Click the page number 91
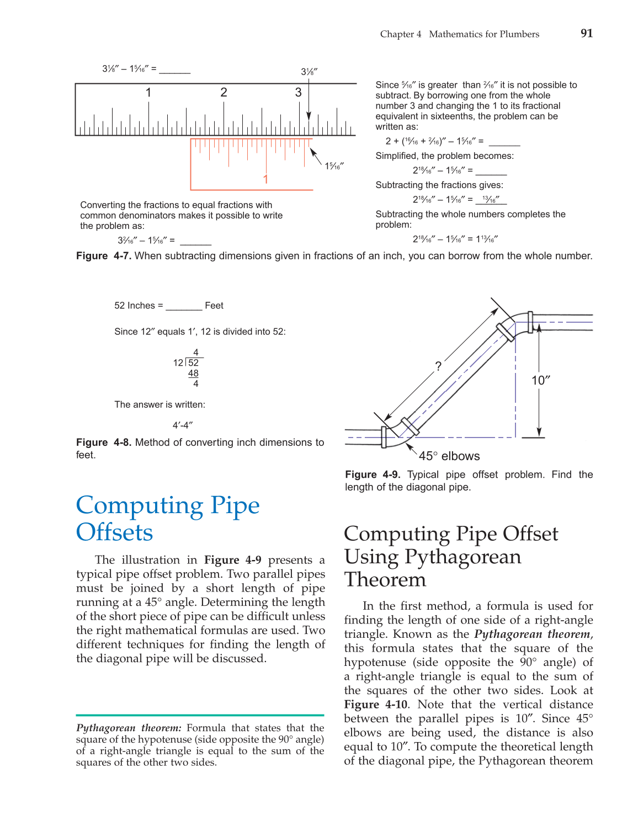(587, 33)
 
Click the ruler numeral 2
(224, 92)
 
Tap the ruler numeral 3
(298, 92)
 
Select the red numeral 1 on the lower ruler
(265, 179)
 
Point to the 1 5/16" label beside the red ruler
(334, 166)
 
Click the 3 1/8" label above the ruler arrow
(309, 72)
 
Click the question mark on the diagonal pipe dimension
(438, 366)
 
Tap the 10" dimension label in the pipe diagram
(541, 380)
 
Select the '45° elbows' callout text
(449, 456)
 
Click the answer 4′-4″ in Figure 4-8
(183, 425)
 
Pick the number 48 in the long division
(193, 374)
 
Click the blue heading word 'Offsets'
(115, 532)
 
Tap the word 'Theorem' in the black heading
(385, 580)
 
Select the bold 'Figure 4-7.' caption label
(103, 256)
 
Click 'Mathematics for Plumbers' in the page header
(484, 34)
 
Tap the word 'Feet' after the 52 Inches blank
(214, 306)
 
